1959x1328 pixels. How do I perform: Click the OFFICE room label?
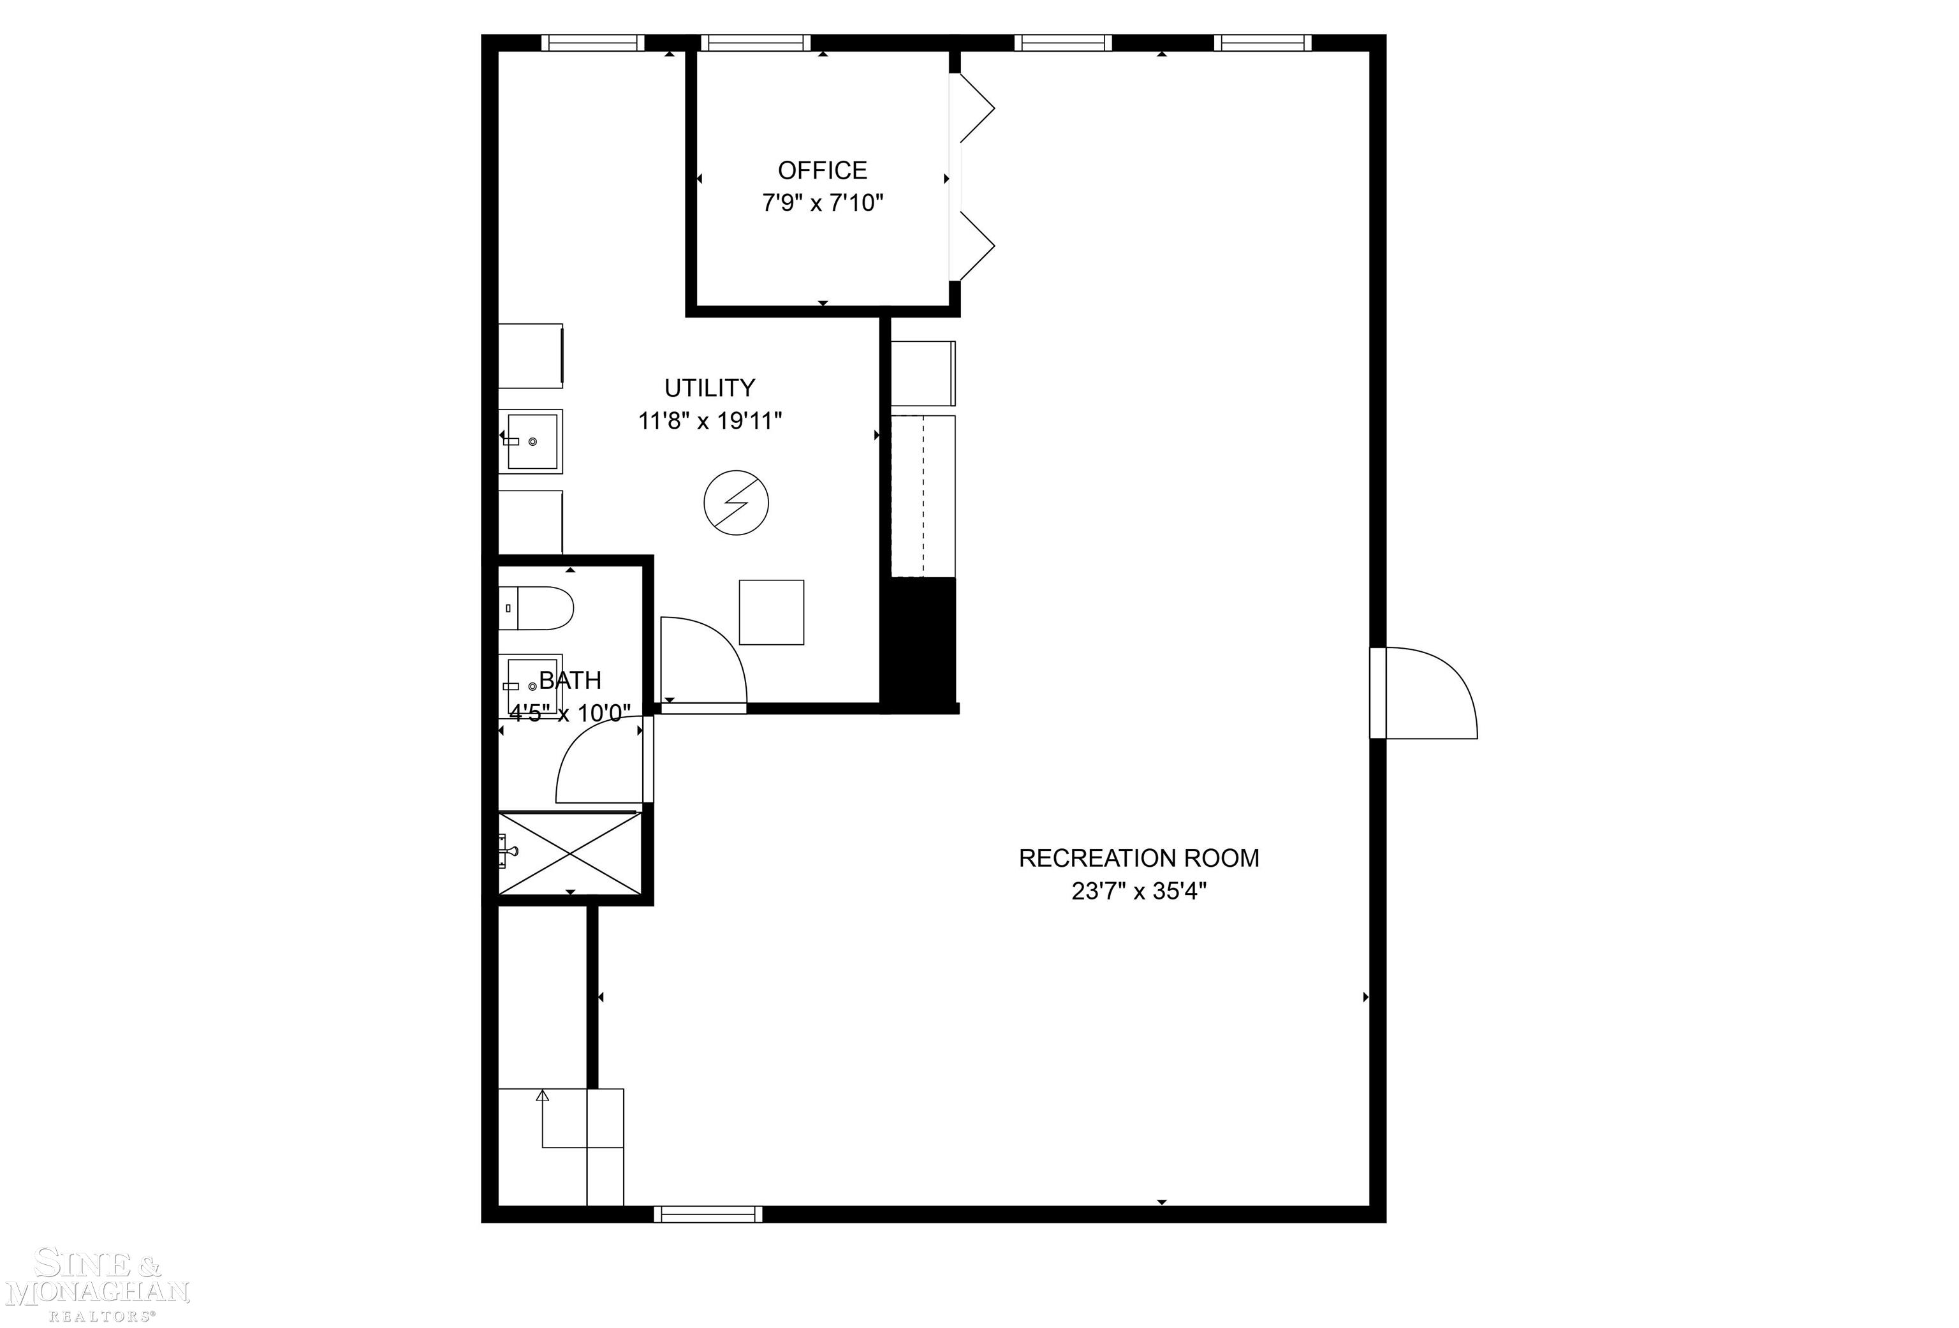(x=822, y=171)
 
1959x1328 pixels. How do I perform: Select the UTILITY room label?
(x=709, y=388)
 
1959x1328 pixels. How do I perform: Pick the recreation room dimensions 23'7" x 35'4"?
(x=1138, y=891)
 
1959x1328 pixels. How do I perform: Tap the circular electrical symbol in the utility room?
(x=736, y=503)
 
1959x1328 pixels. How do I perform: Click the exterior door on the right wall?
(x=1425, y=693)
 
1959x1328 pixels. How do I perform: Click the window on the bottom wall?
(x=707, y=1214)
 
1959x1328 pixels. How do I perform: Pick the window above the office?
(x=755, y=43)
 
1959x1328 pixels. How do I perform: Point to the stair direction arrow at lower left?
(x=543, y=1096)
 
